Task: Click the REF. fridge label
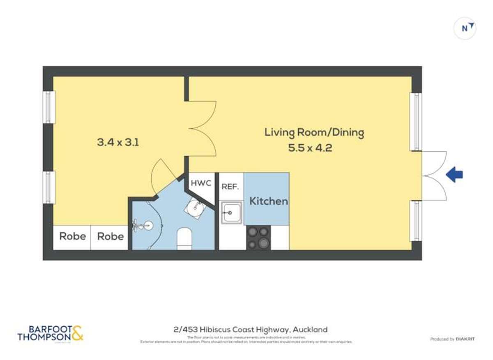230,186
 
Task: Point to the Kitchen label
269,201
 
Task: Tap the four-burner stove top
258,238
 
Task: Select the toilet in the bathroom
184,239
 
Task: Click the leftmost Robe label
73,236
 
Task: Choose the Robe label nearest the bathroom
110,236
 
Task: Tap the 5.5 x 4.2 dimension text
310,148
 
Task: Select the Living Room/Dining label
314,132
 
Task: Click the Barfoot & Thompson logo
50,333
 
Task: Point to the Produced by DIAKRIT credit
452,339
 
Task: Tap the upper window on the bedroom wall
49,107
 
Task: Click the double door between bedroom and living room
201,129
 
